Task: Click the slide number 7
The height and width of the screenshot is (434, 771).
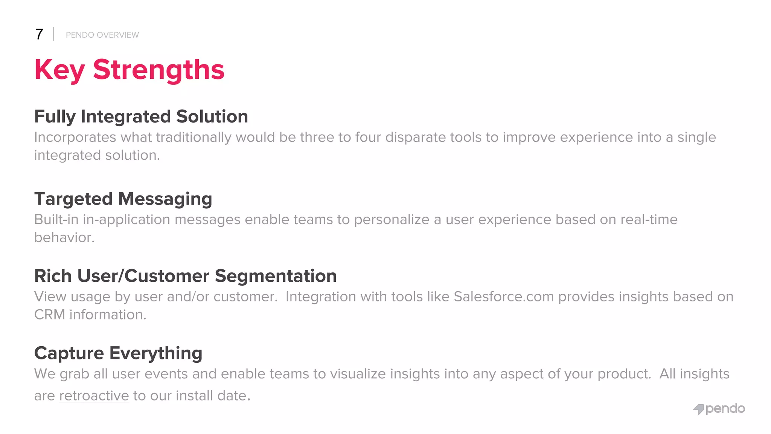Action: pyautogui.click(x=39, y=34)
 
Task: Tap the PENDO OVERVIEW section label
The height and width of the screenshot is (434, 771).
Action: pyautogui.click(x=102, y=35)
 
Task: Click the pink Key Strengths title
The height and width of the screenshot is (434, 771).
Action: pyautogui.click(x=129, y=70)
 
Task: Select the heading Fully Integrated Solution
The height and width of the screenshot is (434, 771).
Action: pyautogui.click(x=141, y=116)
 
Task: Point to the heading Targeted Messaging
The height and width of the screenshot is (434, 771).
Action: pyautogui.click(x=123, y=199)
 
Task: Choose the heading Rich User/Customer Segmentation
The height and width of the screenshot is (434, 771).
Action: pyautogui.click(x=185, y=276)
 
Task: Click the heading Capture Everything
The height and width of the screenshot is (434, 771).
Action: pyautogui.click(x=118, y=353)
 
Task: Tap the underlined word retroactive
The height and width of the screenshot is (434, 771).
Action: pyautogui.click(x=94, y=396)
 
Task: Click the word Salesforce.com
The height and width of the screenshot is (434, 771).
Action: pyautogui.click(x=504, y=296)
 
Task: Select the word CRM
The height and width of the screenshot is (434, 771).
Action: pyautogui.click(x=49, y=315)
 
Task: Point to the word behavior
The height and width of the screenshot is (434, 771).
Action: pyautogui.click(x=64, y=238)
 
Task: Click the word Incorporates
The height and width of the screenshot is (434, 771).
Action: pyautogui.click(x=75, y=138)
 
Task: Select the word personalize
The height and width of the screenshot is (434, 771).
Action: pyautogui.click(x=392, y=220)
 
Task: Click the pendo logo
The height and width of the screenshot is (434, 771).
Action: pyautogui.click(x=719, y=409)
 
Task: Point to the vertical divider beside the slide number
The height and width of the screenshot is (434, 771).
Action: pyautogui.click(x=53, y=34)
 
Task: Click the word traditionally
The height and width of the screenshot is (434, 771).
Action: pyautogui.click(x=194, y=138)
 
